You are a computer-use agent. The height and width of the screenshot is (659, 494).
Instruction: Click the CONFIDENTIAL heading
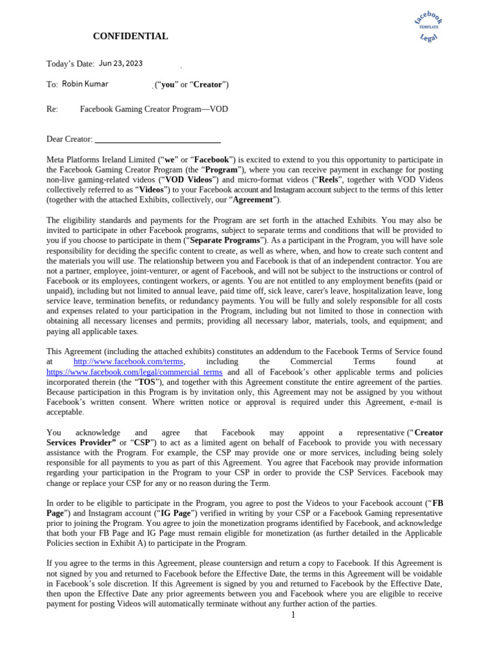131,37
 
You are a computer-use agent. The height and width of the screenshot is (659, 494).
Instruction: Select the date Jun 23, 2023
121,63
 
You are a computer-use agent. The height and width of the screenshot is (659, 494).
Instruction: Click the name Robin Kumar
85,84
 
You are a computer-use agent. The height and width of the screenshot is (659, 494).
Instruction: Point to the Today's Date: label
71,64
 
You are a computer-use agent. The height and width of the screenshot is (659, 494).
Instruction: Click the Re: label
52,109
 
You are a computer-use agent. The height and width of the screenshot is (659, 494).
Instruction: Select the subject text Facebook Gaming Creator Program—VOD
154,109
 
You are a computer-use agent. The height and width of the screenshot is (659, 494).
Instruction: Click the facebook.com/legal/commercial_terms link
134,372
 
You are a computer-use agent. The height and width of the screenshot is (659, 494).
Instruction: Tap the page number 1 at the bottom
293,615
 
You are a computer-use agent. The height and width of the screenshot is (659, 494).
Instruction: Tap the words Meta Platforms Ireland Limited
101,160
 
